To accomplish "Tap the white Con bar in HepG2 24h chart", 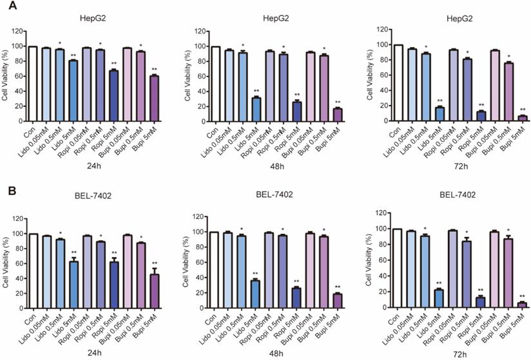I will (33, 84).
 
